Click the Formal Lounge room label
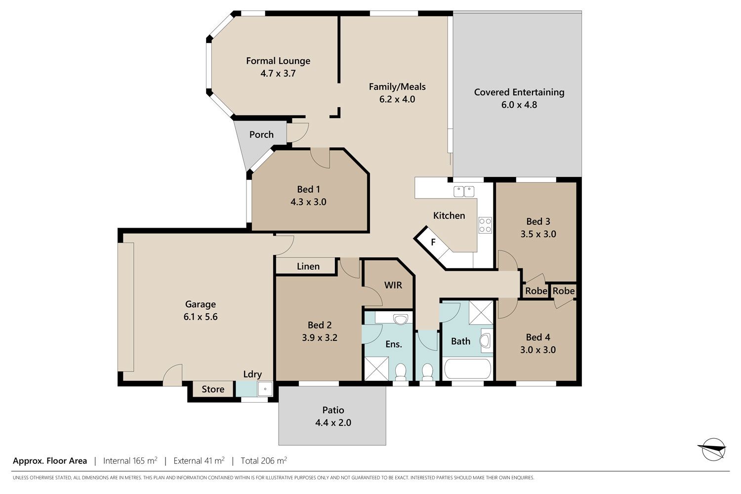[x=278, y=61]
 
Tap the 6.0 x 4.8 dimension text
[x=519, y=105]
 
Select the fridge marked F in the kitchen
[x=433, y=243]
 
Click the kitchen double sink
[x=463, y=191]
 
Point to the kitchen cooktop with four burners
[x=485, y=225]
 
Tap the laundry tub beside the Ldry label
[x=265, y=389]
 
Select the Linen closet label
[x=308, y=266]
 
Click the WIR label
[x=393, y=285]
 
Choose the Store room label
[x=213, y=389]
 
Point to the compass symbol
[x=713, y=449]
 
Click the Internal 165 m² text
[x=130, y=460]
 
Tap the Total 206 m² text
[x=264, y=460]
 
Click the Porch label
[x=261, y=135]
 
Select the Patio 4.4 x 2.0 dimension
[x=333, y=422]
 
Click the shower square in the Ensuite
[x=376, y=368]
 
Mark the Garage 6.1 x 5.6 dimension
[x=201, y=317]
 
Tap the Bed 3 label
[x=538, y=221]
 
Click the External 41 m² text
[x=199, y=460]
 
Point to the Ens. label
[x=394, y=344]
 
